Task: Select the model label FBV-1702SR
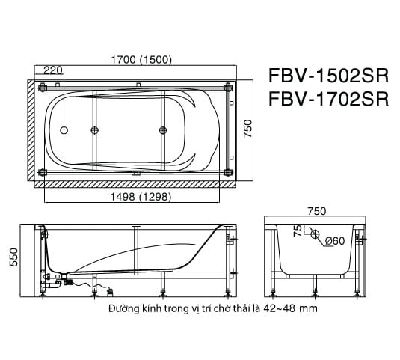[327, 100]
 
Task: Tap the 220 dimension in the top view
[53, 72]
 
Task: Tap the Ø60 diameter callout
[334, 240]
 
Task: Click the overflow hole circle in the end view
[316, 234]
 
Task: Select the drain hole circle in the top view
[64, 130]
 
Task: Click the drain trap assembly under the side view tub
[60, 282]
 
